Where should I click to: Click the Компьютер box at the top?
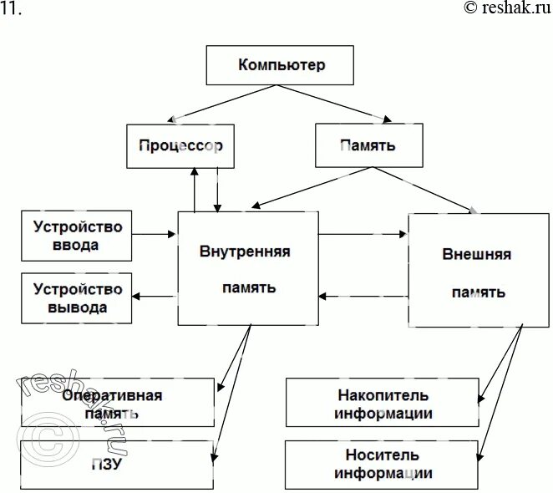pyautogui.click(x=282, y=65)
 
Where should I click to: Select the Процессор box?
pyautogui.click(x=180, y=145)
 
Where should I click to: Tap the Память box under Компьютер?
pyautogui.click(x=368, y=145)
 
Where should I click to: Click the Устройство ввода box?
pyautogui.click(x=77, y=235)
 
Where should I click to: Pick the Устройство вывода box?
pyautogui.click(x=77, y=298)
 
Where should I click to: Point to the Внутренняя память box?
pyautogui.click(x=247, y=267)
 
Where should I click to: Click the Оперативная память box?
pyautogui.click(x=117, y=403)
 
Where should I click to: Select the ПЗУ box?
pyautogui.click(x=117, y=465)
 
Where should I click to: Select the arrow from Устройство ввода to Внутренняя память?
pyautogui.click(x=155, y=235)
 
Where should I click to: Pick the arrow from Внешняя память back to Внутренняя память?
pyautogui.click(x=363, y=295)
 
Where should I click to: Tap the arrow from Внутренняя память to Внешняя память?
pyautogui.click(x=363, y=235)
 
